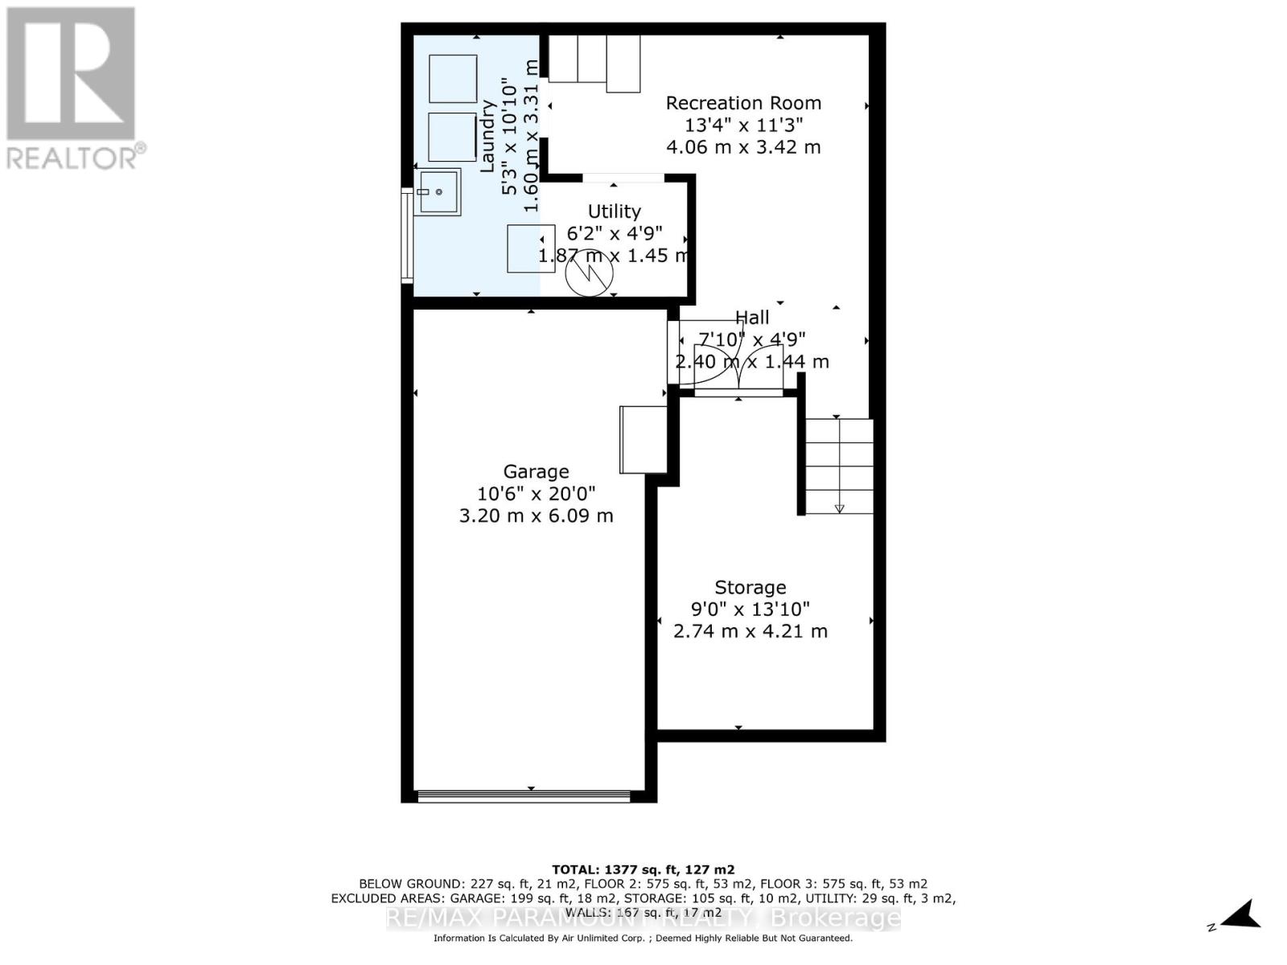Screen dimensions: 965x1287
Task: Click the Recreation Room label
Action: point(743,103)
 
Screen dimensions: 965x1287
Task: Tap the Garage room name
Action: point(536,472)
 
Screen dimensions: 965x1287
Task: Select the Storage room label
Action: point(750,588)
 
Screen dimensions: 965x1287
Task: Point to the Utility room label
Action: point(614,211)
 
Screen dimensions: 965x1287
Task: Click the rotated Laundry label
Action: point(487,135)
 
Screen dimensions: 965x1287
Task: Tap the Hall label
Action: point(752,318)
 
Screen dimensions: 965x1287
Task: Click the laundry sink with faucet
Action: point(438,192)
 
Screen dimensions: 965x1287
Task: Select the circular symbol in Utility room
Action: point(589,273)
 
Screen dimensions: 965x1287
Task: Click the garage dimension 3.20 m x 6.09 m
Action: point(536,515)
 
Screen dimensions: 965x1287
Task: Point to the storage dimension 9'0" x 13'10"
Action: point(750,610)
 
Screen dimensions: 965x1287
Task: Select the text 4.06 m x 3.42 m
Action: point(743,147)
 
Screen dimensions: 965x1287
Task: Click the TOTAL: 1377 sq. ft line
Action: point(643,869)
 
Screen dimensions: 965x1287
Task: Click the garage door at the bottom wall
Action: point(524,796)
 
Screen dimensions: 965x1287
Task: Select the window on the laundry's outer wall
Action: point(407,235)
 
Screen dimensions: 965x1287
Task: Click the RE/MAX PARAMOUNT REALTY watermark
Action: point(643,918)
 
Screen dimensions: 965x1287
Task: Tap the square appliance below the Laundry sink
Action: point(531,248)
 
